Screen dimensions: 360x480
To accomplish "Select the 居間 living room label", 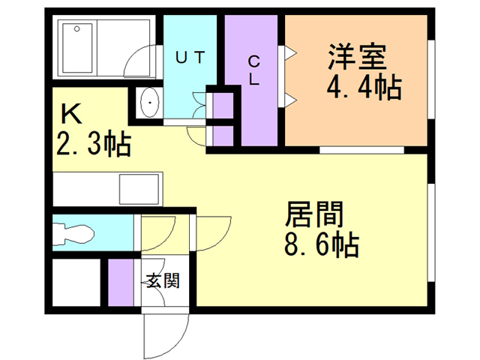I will tap(313, 215).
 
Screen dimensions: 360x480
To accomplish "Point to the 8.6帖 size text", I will tap(320, 245).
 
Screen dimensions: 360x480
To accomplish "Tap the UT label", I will tap(190, 56).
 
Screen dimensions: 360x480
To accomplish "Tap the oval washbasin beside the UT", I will tap(149, 103).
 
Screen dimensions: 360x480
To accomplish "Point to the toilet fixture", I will tap(75, 234).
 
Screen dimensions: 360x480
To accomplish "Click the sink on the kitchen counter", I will tap(139, 188).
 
